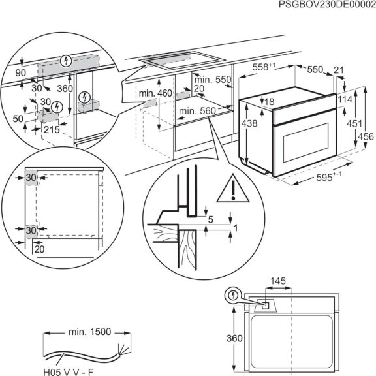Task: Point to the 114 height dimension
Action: click(345, 100)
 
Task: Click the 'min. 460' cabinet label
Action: click(155, 94)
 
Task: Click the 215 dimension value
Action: click(42, 131)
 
